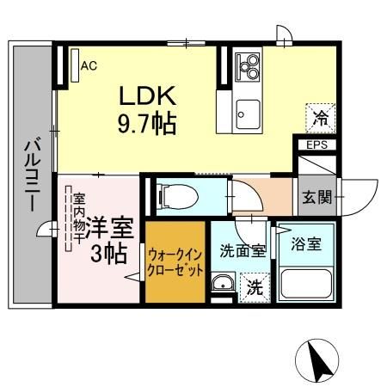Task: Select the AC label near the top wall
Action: click(88, 64)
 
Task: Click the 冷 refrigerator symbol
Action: click(319, 115)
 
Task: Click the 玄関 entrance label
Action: click(313, 199)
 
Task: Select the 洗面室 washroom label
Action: click(241, 249)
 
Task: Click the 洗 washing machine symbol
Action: click(255, 286)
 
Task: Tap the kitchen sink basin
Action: click(249, 110)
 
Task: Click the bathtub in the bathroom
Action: click(308, 280)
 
